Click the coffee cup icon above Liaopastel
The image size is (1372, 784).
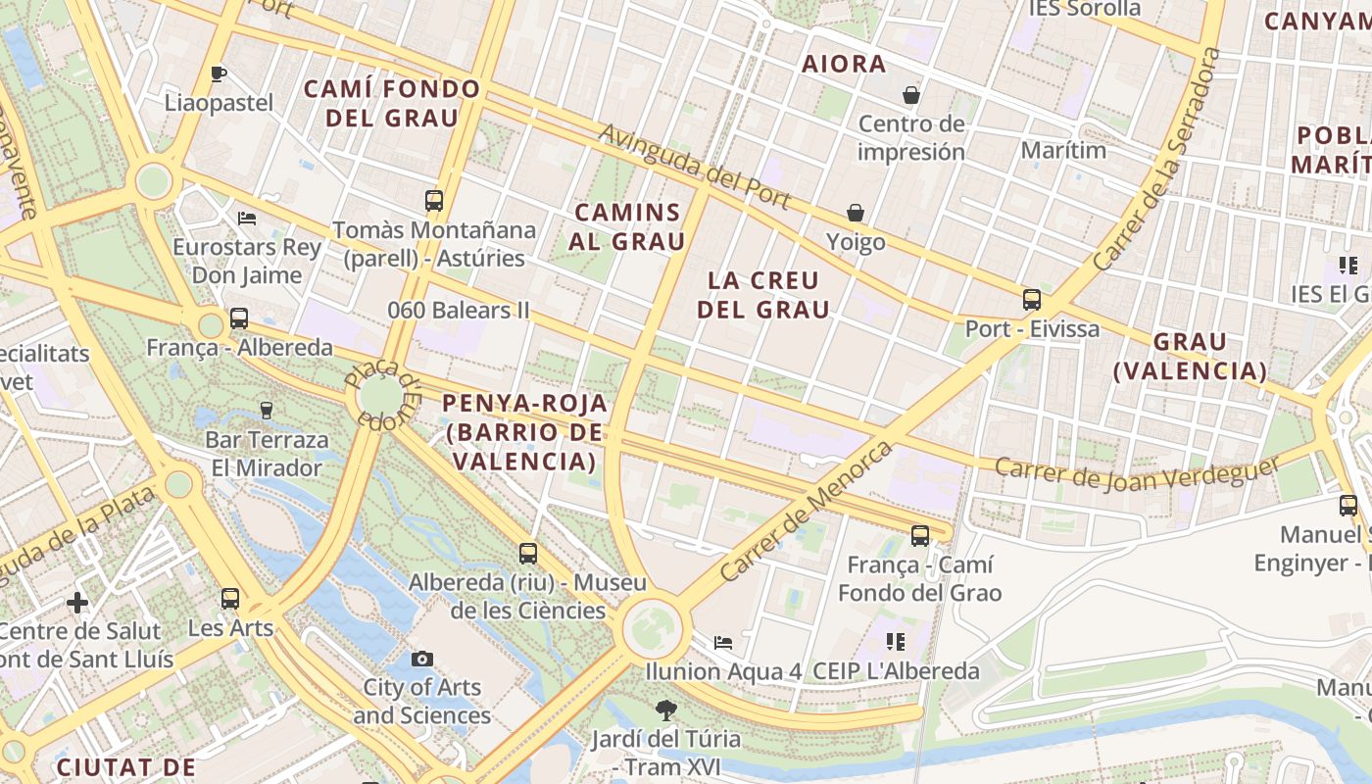click(x=219, y=73)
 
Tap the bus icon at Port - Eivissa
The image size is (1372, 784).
click(x=1031, y=300)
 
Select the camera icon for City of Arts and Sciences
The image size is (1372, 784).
click(x=422, y=659)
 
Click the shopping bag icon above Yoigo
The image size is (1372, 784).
click(x=856, y=213)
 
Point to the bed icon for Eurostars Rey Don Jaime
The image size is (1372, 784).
click(x=247, y=218)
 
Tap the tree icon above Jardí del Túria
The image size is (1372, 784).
click(x=666, y=710)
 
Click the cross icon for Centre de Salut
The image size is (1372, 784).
click(x=77, y=603)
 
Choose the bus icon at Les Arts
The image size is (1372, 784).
click(x=230, y=598)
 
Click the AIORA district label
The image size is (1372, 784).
click(x=844, y=65)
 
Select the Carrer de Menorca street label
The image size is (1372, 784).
click(x=806, y=512)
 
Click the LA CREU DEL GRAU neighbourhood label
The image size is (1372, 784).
click(x=768, y=295)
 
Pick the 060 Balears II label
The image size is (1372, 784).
click(x=459, y=311)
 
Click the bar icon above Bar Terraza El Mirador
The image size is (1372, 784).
click(x=266, y=410)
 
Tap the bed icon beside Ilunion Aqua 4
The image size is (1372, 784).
click(x=723, y=643)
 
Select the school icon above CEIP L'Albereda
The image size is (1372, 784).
click(x=895, y=642)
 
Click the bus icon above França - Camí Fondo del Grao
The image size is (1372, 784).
click(x=919, y=536)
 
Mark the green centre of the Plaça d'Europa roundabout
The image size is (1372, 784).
click(x=381, y=396)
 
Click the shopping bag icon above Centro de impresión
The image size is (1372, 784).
click(x=911, y=95)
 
